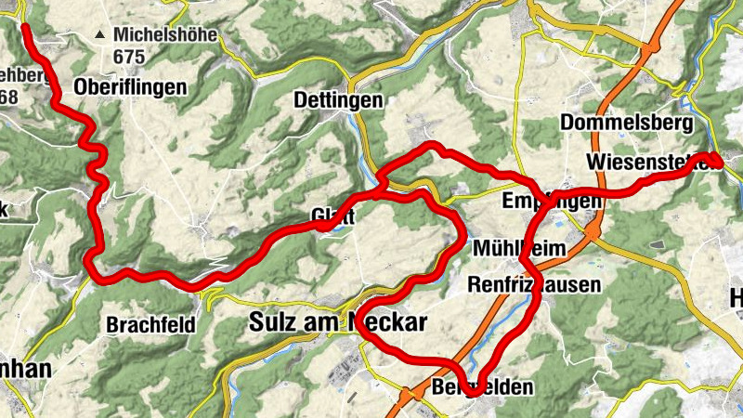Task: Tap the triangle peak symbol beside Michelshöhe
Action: click(99, 35)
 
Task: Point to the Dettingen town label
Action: click(338, 98)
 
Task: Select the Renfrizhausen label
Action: click(535, 284)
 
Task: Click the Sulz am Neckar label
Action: click(338, 323)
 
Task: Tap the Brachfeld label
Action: click(150, 326)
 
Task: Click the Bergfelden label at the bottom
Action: click(483, 386)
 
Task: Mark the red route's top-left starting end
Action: click(26, 27)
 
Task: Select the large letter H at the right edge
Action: click(736, 298)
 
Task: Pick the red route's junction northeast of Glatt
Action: click(383, 189)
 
